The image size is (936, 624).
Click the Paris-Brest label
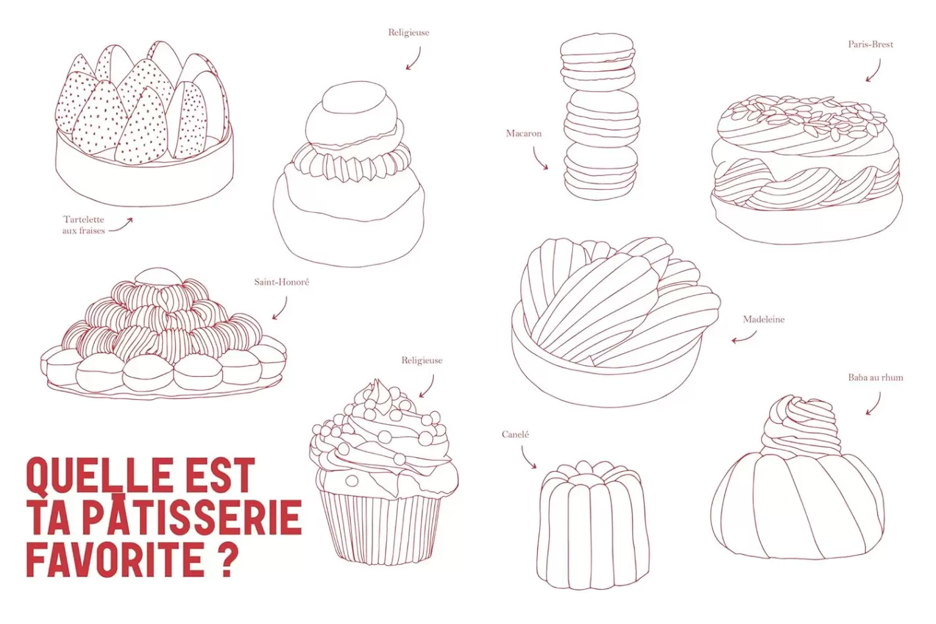point(870,44)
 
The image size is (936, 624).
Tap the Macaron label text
point(523,134)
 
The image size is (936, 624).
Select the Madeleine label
point(763,320)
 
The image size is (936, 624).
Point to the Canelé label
point(515,435)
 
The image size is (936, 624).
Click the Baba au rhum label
point(875,378)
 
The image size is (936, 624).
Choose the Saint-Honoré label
point(281,282)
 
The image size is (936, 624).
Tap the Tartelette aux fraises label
point(84,225)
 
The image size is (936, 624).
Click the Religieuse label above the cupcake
point(422,360)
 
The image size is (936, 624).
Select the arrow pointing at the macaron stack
point(538,159)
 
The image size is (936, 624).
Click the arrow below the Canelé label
point(526,458)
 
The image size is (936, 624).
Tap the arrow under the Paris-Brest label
point(875,72)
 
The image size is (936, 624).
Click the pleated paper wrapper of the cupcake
point(380,528)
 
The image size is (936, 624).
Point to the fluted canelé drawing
point(593,525)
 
